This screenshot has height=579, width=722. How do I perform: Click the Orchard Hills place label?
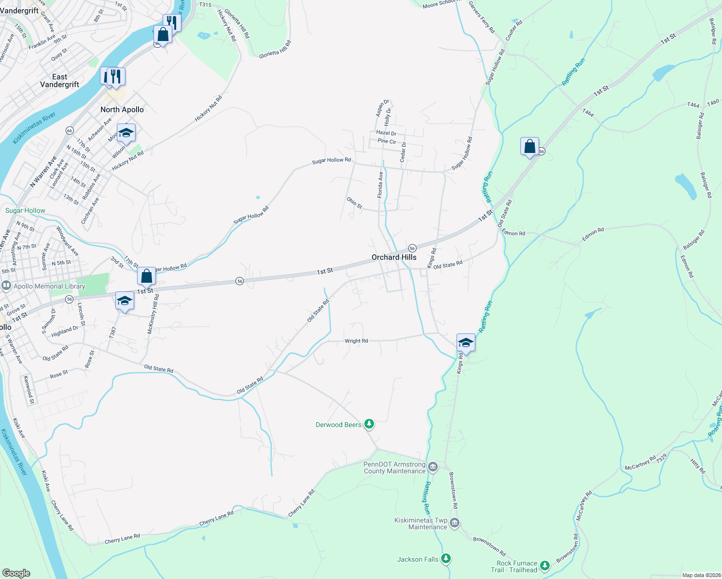[394, 257]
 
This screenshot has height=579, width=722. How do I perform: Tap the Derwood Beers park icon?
[369, 424]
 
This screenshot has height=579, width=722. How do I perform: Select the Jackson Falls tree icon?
[446, 559]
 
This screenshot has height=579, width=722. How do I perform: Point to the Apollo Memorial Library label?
[49, 286]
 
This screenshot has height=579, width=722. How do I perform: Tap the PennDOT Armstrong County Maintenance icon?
[432, 467]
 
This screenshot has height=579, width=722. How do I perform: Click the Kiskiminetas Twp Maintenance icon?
[454, 523]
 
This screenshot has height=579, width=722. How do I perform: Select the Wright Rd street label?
[356, 341]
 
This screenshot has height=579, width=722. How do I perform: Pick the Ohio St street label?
[354, 203]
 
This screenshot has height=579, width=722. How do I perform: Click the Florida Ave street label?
[380, 185]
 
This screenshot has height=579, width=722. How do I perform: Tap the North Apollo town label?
[122, 110]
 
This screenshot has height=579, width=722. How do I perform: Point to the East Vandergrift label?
[59, 81]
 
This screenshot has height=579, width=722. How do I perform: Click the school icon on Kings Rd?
[466, 343]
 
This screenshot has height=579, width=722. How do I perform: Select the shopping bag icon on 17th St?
[146, 276]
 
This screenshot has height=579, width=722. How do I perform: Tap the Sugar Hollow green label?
[25, 210]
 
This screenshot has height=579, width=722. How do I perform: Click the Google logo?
[16, 573]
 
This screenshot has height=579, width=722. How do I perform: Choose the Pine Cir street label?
[387, 141]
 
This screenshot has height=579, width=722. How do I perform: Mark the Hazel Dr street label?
[386, 133]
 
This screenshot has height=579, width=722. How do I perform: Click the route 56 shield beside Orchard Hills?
[412, 248]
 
